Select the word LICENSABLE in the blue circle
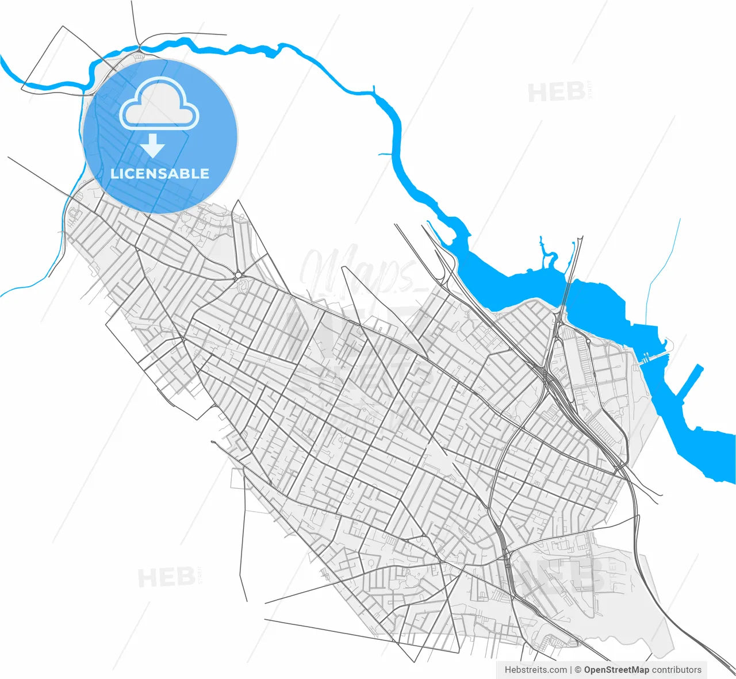pyautogui.click(x=160, y=174)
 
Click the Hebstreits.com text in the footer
pyautogui.click(x=535, y=670)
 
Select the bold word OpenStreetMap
pyautogui.click(x=616, y=670)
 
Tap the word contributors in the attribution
pyautogui.click(x=677, y=670)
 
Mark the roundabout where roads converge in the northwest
pyautogui.click(x=237, y=277)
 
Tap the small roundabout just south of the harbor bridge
pyautogui.click(x=588, y=341)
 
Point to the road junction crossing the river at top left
pyautogui.click(x=139, y=51)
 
